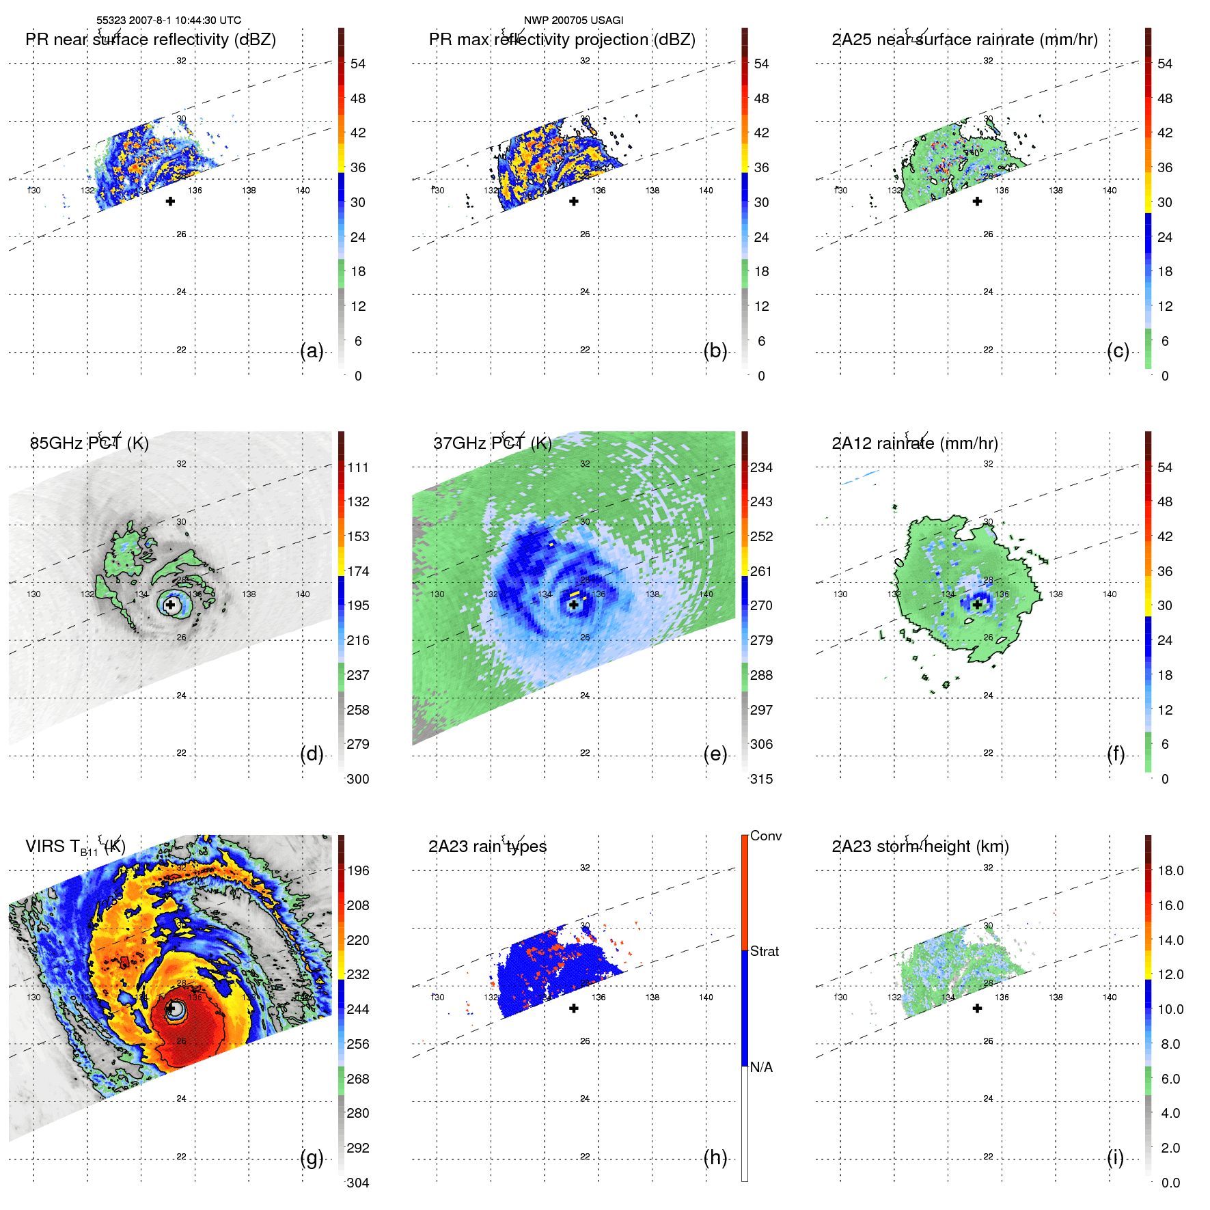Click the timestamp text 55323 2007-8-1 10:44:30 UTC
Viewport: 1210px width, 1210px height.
[168, 20]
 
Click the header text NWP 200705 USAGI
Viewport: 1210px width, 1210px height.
[573, 20]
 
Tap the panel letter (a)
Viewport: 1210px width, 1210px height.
[312, 351]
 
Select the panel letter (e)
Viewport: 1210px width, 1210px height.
[715, 754]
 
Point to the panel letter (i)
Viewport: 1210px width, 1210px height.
[1115, 1158]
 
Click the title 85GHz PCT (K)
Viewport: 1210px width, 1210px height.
[89, 443]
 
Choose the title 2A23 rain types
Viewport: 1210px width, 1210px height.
[487, 847]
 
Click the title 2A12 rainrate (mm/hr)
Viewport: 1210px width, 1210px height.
[914, 443]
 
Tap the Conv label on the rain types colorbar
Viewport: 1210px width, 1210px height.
[766, 836]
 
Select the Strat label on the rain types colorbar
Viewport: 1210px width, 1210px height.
[765, 952]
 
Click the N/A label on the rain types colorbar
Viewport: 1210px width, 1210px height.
[761, 1067]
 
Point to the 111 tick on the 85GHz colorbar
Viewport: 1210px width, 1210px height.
[358, 468]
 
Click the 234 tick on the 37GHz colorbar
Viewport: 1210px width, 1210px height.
[761, 468]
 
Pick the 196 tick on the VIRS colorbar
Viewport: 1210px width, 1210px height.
[358, 871]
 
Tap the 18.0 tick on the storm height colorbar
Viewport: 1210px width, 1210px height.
[1170, 871]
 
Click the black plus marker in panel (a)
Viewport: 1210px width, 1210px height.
[170, 202]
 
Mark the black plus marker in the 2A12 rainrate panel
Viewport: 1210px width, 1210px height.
[977, 605]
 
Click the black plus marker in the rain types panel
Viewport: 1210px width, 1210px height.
[574, 1008]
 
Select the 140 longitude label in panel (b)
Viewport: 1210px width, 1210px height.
[706, 191]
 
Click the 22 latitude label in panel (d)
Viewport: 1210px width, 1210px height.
[181, 753]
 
